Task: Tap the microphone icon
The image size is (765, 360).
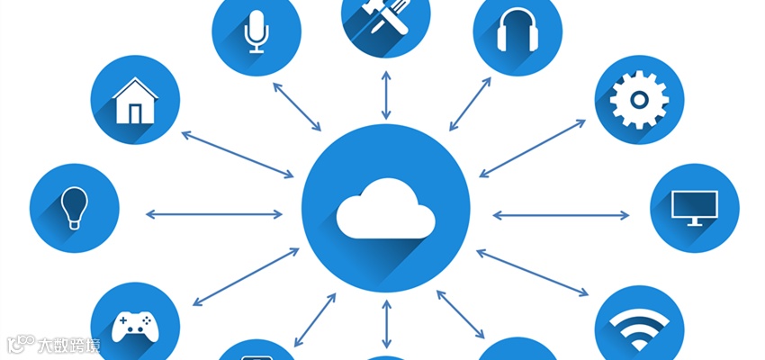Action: (x=256, y=31)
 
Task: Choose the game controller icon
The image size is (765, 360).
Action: (x=135, y=322)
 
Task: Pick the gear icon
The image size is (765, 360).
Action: (x=639, y=99)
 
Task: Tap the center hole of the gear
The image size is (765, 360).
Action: (x=639, y=99)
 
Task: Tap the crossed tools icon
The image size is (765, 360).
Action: (x=385, y=18)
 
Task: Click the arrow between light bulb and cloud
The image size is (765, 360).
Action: (x=213, y=214)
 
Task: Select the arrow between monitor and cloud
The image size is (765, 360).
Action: (x=561, y=214)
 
